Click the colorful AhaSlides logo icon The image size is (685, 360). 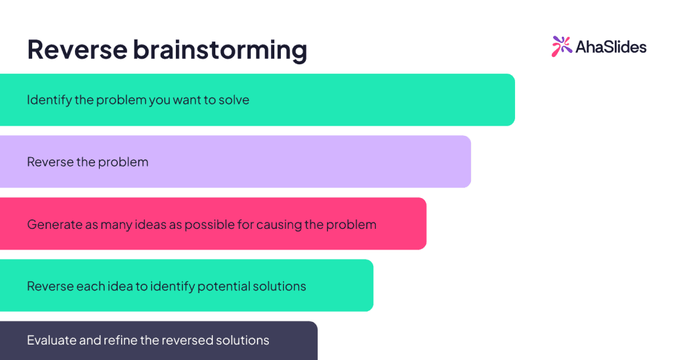click(x=562, y=46)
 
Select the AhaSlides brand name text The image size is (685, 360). click(x=610, y=47)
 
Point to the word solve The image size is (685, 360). click(x=233, y=100)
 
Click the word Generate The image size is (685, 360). click(x=54, y=224)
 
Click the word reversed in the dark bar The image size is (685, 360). click(x=188, y=341)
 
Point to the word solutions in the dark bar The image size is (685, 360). click(x=243, y=341)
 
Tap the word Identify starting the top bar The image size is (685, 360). click(x=49, y=100)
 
